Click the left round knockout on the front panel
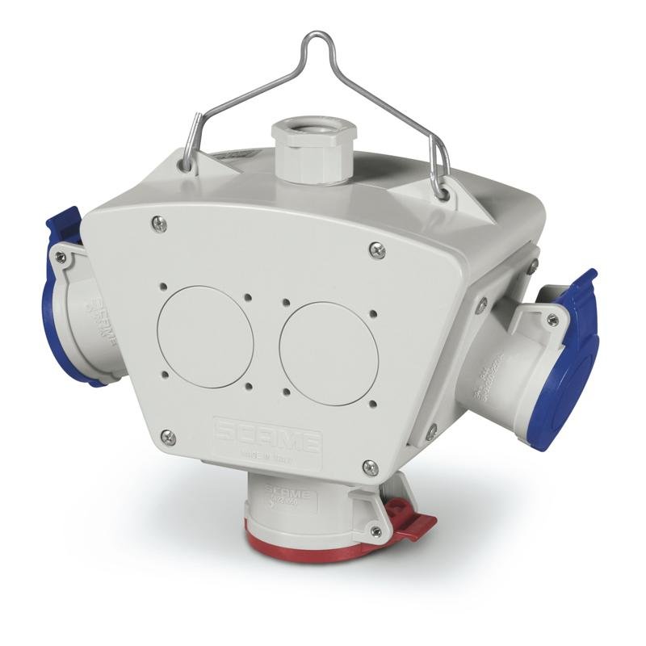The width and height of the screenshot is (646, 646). (205, 336)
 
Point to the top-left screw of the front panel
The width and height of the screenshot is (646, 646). (159, 224)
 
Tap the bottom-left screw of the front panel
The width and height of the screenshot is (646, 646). (168, 437)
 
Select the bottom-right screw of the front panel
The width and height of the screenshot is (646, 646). (370, 468)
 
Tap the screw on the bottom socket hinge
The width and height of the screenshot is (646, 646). (375, 531)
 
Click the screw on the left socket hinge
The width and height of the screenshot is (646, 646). (60, 257)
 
